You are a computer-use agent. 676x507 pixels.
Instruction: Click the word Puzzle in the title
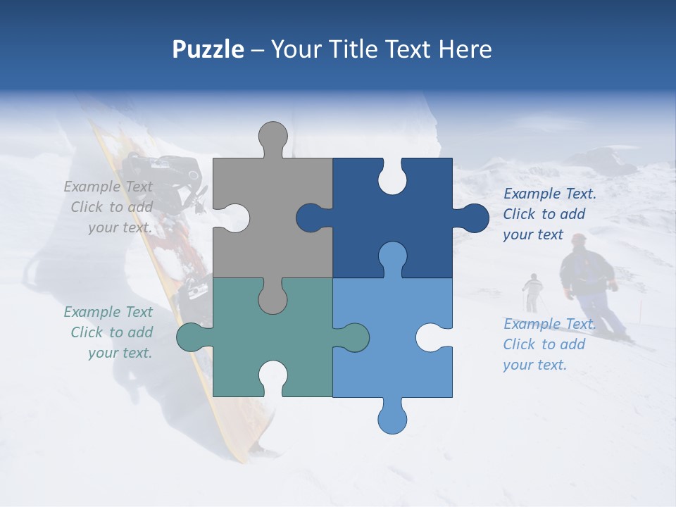click(208, 49)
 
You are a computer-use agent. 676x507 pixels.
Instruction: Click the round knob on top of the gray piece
click(273, 137)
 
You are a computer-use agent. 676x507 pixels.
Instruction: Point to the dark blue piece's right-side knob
click(472, 218)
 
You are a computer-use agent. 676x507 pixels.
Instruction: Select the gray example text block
click(110, 207)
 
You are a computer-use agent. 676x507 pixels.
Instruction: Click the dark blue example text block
click(549, 214)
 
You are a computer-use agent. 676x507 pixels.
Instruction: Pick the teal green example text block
click(110, 332)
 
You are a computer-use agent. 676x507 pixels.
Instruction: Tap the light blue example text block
click(549, 344)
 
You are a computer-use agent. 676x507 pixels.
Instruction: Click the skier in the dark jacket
click(588, 282)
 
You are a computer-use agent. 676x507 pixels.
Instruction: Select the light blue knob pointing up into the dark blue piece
click(392, 257)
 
